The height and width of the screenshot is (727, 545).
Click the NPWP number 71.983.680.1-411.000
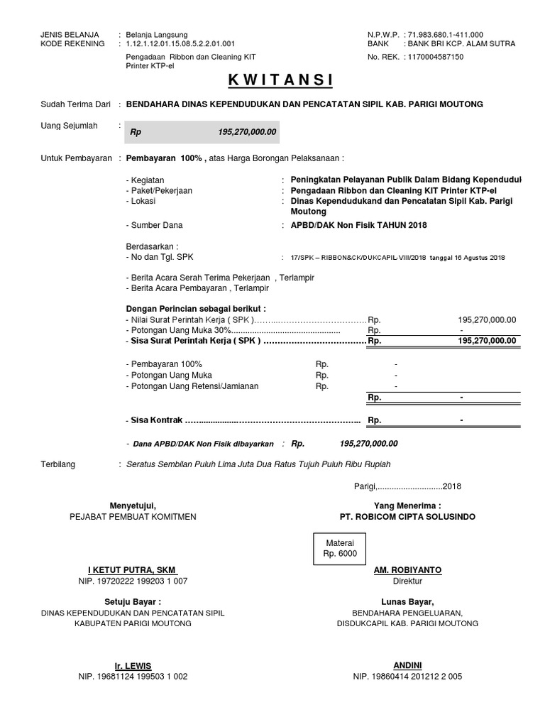pos(445,34)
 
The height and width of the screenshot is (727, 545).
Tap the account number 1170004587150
pos(435,57)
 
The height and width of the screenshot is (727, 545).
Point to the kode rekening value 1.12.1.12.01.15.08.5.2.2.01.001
pos(180,44)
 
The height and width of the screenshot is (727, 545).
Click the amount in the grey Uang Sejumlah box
pos(248,132)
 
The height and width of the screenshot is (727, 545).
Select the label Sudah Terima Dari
pos(76,104)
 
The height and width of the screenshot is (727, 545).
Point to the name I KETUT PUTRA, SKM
pos(132,570)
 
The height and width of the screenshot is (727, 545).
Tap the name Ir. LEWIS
pos(133,666)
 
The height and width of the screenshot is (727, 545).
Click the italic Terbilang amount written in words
pos(258,464)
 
